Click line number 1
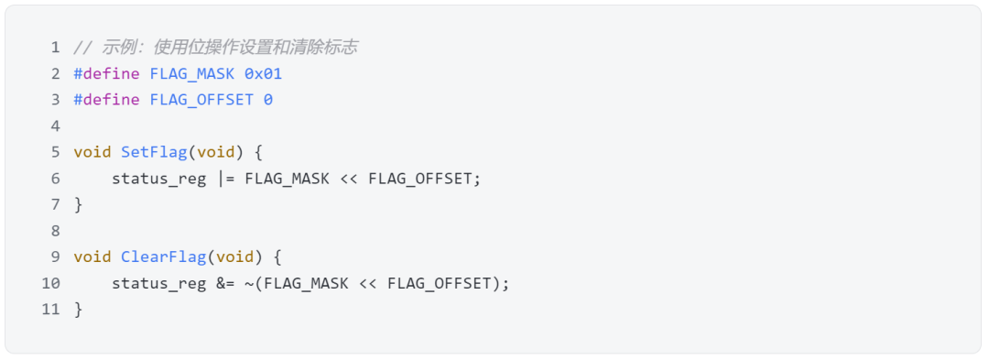point(55,47)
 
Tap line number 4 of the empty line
point(55,125)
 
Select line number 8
point(55,231)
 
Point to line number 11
point(50,310)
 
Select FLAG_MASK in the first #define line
point(192,73)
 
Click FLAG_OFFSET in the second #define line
point(201,100)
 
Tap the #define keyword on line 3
point(107,100)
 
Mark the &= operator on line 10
point(225,284)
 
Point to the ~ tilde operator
point(249,284)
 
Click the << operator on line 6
point(349,179)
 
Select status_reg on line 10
point(158,284)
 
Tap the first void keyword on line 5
point(92,152)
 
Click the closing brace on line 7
point(79,204)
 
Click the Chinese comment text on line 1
point(229,47)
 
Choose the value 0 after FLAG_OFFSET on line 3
point(268,100)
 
